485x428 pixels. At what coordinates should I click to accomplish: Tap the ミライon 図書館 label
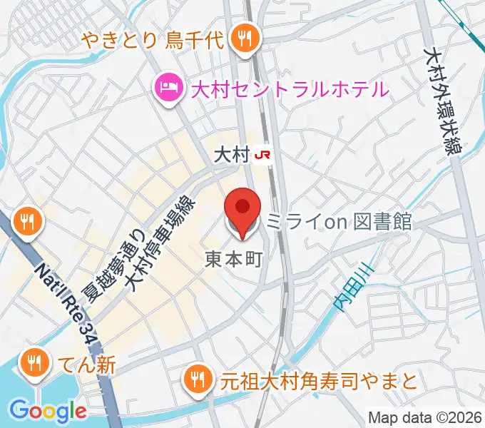pyautogui.click(x=339, y=223)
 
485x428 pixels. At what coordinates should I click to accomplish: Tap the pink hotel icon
pyautogui.click(x=168, y=90)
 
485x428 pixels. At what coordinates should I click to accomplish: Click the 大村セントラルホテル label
pyautogui.click(x=290, y=90)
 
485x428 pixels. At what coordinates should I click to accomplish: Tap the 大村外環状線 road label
pyautogui.click(x=443, y=100)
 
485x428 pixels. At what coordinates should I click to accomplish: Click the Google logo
pyautogui.click(x=48, y=411)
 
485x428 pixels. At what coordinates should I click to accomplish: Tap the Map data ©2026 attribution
pyautogui.click(x=425, y=418)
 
